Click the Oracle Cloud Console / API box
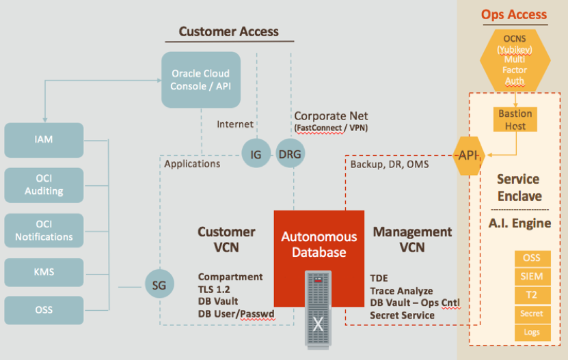[201, 80]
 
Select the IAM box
[44, 139]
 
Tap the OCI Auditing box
[44, 184]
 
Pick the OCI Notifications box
[44, 230]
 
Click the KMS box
[44, 272]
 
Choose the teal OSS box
[44, 310]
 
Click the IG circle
[256, 154]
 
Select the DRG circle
[290, 154]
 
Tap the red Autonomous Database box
[319, 245]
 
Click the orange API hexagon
[468, 156]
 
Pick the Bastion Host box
[515, 119]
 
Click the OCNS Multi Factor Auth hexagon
[515, 59]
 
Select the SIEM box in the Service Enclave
[532, 276]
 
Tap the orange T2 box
[532, 294]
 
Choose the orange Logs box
[532, 332]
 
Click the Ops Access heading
[514, 14]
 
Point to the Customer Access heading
[228, 31]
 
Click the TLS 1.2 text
[215, 290]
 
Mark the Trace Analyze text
[401, 291]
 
